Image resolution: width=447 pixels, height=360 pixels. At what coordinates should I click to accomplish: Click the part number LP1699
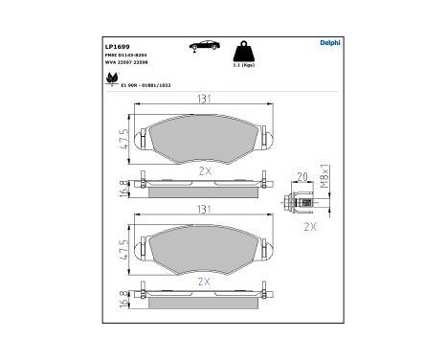click(116, 44)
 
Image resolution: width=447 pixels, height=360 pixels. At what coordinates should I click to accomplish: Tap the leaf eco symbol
click(112, 79)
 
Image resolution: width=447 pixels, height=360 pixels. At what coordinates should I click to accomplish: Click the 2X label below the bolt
click(309, 228)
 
